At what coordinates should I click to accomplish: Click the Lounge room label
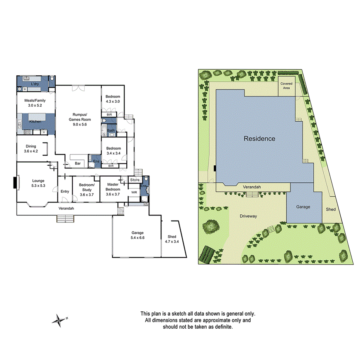(38, 181)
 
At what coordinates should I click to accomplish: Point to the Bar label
(78, 164)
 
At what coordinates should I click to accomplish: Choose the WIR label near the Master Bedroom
(134, 192)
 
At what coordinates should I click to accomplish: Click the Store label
(134, 180)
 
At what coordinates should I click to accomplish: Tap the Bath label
(111, 131)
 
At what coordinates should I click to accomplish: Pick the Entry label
(65, 192)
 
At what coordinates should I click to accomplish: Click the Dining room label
(31, 146)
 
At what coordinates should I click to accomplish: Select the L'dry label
(35, 84)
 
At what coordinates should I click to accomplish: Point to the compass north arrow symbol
(59, 319)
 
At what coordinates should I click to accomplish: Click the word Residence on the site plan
(259, 139)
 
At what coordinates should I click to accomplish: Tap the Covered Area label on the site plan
(286, 85)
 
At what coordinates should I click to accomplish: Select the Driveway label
(248, 216)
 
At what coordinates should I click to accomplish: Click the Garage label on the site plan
(303, 207)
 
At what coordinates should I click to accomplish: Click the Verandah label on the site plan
(251, 187)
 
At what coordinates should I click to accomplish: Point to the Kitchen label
(35, 122)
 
